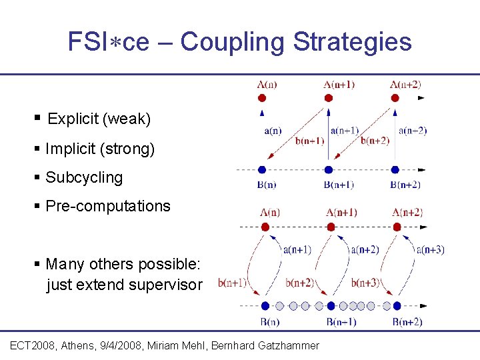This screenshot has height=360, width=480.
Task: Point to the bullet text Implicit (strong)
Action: [100, 149]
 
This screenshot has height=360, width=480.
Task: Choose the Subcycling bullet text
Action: [84, 177]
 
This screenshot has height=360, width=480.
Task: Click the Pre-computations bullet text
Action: [108, 206]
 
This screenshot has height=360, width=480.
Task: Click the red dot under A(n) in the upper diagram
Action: [262, 98]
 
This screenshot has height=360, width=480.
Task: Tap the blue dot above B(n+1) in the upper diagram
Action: [328, 169]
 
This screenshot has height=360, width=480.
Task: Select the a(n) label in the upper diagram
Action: [272, 131]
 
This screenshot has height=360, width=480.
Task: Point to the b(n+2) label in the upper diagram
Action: [375, 140]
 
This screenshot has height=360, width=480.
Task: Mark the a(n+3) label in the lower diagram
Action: [430, 250]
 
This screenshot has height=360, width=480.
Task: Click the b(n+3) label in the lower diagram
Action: [365, 283]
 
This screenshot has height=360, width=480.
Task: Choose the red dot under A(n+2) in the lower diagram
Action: [397, 227]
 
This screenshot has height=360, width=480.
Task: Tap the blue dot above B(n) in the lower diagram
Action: [265, 306]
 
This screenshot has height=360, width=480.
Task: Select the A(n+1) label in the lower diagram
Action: [341, 213]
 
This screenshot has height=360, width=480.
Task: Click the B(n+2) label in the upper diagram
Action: [405, 185]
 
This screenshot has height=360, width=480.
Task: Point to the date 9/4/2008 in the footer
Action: [137, 345]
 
